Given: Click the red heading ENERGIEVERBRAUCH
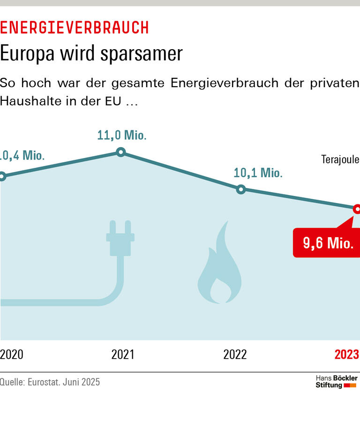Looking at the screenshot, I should pyautogui.click(x=74, y=28).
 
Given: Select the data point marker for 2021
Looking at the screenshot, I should pyautogui.click(x=120, y=152).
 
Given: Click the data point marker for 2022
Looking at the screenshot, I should pyautogui.click(x=241, y=189).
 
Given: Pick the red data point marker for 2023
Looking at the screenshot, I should pyautogui.click(x=357, y=209).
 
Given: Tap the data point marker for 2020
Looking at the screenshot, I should pyautogui.click(x=2, y=176).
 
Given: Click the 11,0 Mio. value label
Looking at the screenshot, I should pyautogui.click(x=122, y=135).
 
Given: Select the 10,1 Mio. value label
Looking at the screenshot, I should pyautogui.click(x=258, y=173).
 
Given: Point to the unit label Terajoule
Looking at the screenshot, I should pyautogui.click(x=340, y=159).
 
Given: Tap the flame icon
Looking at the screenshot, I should pyautogui.click(x=220, y=265).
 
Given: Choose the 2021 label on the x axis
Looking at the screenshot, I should pyautogui.click(x=122, y=354).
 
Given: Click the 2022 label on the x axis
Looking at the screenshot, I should pyautogui.click(x=235, y=354).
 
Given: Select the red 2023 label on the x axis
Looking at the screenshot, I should pyautogui.click(x=346, y=354).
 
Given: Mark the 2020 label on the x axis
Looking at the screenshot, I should pyautogui.click(x=11, y=354).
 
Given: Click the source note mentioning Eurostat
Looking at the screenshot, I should pyautogui.click(x=50, y=382).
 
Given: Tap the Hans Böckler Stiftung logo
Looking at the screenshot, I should pyautogui.click(x=336, y=382).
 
